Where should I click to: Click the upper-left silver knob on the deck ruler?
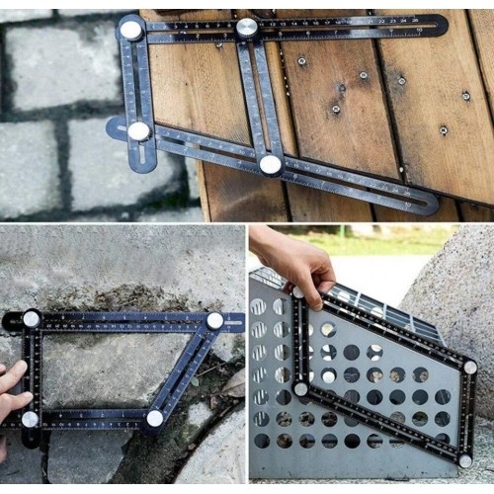click(130, 30)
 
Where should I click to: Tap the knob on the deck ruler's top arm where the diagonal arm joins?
click(247, 28)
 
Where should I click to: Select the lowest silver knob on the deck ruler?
click(270, 164)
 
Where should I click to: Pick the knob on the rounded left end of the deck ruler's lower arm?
click(139, 130)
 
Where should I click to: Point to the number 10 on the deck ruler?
click(419, 30)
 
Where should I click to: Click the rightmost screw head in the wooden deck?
click(465, 96)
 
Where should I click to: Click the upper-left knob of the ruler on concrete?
click(32, 318)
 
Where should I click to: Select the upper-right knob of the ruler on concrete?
click(214, 320)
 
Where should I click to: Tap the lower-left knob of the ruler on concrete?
click(30, 419)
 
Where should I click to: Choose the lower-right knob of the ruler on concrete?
click(154, 418)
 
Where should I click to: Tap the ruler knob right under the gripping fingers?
click(297, 292)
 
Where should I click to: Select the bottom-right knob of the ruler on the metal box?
click(464, 459)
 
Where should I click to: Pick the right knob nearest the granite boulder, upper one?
click(470, 367)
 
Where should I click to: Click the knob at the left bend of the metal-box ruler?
click(300, 388)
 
